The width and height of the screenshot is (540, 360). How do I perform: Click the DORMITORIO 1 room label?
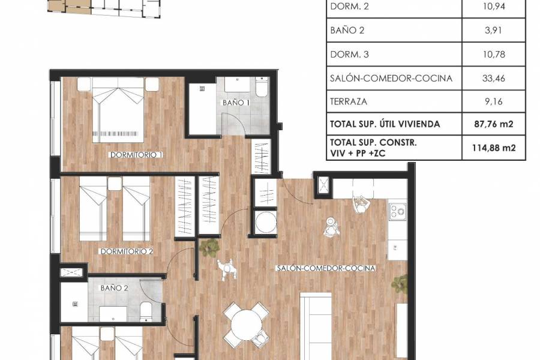point(136,155)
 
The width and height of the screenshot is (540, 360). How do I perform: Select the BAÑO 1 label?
point(236,103)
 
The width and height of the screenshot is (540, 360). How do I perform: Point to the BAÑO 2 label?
point(115,288)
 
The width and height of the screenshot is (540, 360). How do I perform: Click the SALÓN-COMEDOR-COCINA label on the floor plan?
point(326,268)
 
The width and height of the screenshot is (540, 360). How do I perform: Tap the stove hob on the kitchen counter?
point(397,211)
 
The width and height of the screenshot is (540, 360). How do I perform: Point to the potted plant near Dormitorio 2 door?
point(211,247)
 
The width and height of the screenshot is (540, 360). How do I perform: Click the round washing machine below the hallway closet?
point(265,223)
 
